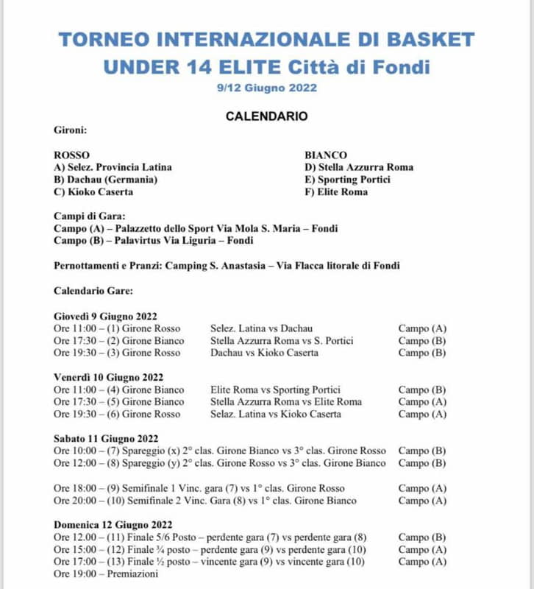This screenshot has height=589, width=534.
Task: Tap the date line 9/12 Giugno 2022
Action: tap(266, 88)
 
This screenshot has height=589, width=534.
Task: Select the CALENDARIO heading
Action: tap(266, 116)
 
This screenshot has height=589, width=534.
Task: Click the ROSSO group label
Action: tap(72, 155)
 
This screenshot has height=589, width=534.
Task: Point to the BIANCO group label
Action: tap(326, 155)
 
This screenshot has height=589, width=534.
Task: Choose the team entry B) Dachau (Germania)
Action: tap(106, 180)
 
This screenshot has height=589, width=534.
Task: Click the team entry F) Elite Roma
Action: tap(336, 192)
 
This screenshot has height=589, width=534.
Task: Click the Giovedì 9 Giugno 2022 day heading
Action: tap(105, 317)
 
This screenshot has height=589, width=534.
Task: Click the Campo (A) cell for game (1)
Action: tap(422, 328)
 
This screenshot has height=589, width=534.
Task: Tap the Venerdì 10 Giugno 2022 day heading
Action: tap(107, 378)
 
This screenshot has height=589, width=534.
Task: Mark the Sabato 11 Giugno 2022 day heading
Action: tap(106, 439)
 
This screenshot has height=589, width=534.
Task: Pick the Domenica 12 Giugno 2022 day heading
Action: tap(113, 525)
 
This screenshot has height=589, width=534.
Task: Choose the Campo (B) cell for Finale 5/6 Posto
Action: tap(422, 537)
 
